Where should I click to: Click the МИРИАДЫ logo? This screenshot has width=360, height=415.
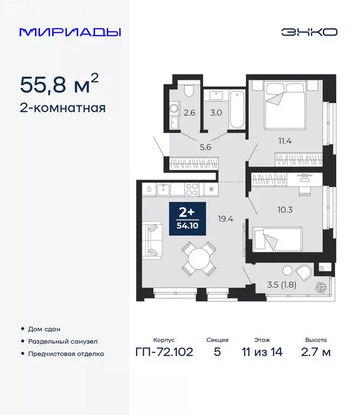[x=70, y=32]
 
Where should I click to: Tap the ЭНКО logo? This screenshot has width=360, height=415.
[x=309, y=32]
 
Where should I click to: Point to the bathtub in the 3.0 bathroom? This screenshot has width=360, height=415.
[x=236, y=110]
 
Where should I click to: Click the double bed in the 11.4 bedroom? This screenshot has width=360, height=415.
[x=285, y=105]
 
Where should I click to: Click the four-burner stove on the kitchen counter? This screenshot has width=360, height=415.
[x=192, y=189]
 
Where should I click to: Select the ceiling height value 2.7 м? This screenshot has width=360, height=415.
[x=316, y=353]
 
